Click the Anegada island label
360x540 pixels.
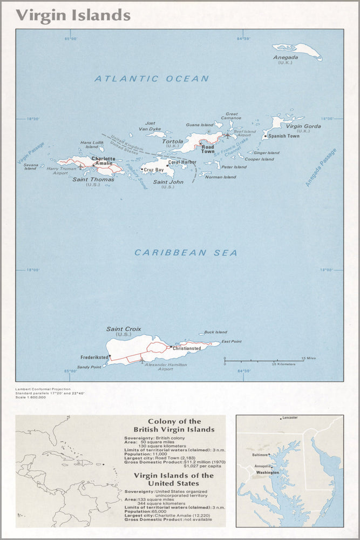pos(286,57)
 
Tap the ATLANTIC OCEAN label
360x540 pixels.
pos(152,79)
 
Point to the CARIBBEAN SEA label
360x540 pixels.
pos(186,253)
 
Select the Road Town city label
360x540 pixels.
pos(208,149)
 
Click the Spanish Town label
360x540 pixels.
pos(284,136)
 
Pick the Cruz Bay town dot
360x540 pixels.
pos(142,170)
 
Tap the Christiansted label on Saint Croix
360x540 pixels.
pos(191,348)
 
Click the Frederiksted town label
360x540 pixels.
pos(94,357)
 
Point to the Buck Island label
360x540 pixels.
pos(216,333)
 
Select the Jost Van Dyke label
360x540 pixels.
pos(150,126)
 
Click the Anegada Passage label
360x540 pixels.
pos(321,167)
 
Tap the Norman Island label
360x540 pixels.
pos(221,177)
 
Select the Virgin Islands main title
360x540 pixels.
pos(73,15)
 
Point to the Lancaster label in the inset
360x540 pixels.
pos(289,418)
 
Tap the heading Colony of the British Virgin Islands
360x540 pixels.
pos(174,426)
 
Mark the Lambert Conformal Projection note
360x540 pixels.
pos(43,389)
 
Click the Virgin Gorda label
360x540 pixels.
pos(303,126)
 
